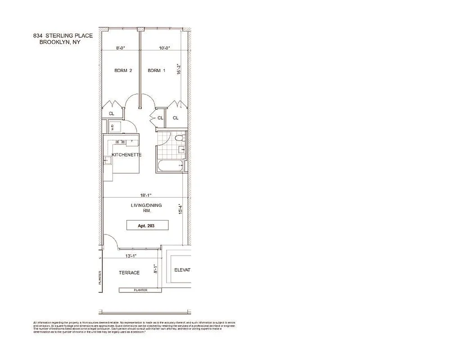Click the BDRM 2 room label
pyautogui.click(x=123, y=70)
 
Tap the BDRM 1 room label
pyautogui.click(x=157, y=70)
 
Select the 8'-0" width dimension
pyautogui.click(x=120, y=48)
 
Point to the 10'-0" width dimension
pyautogui.click(x=165, y=48)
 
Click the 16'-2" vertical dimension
pyautogui.click(x=179, y=68)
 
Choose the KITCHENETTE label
pyautogui.click(x=127, y=155)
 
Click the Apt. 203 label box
pyautogui.click(x=146, y=225)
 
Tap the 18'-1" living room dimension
pyautogui.click(x=145, y=195)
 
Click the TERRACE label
pyautogui.click(x=129, y=273)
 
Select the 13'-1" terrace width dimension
pyautogui.click(x=131, y=256)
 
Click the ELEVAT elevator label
pyautogui.click(x=182, y=270)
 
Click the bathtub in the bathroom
pyautogui.click(x=170, y=166)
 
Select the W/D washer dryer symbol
pyautogui.click(x=113, y=127)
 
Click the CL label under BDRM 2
pyautogui.click(x=111, y=114)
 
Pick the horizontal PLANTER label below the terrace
pyautogui.click(x=140, y=290)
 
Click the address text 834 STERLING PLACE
pyautogui.click(x=63, y=36)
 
